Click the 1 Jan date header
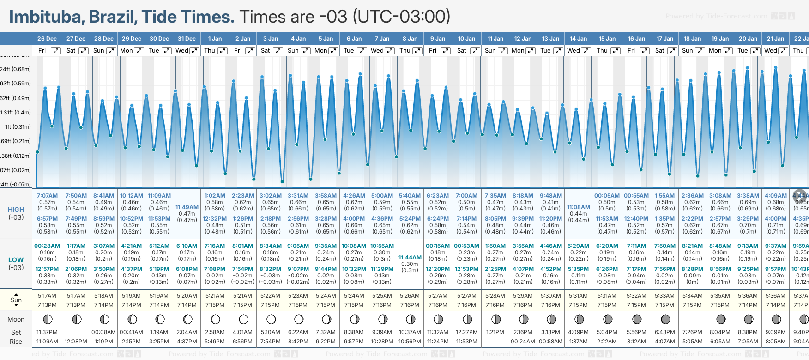pos(215,39)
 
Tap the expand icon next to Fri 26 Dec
pos(55,51)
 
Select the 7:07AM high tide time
pos(47,196)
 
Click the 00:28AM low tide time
pos(47,246)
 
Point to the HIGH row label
pos(16,210)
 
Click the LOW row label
pos(16,260)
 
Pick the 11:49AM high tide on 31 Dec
pos(187,207)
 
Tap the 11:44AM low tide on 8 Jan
pos(410,258)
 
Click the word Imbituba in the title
pos(45,17)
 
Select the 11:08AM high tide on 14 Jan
pos(579,207)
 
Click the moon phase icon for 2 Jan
pos(243,319)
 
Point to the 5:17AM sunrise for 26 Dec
pos(47,296)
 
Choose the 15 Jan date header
pos(607,39)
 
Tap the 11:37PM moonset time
pos(47,332)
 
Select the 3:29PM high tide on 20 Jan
pos(748,219)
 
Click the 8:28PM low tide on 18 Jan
pos(692,269)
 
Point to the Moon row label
pos(16,319)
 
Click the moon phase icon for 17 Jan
pos(665,319)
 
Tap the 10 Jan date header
pos(466,39)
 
